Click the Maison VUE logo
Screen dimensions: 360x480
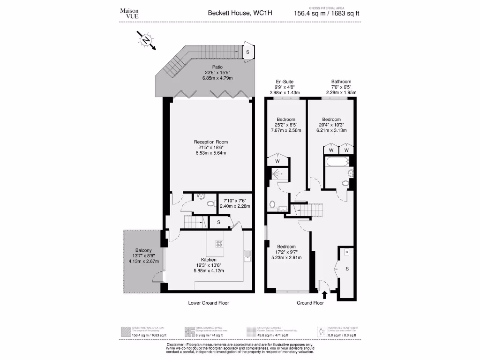(129, 13)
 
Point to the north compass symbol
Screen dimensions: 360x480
(147, 40)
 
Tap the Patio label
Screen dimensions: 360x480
(217, 67)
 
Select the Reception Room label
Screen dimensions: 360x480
(210, 142)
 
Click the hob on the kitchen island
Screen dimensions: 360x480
(219, 243)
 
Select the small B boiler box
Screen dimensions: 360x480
(347, 252)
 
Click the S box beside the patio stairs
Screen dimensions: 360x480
(247, 52)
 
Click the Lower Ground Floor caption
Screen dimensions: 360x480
(209, 303)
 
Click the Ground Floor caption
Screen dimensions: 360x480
(310, 303)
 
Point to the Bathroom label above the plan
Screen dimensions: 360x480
(341, 82)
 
